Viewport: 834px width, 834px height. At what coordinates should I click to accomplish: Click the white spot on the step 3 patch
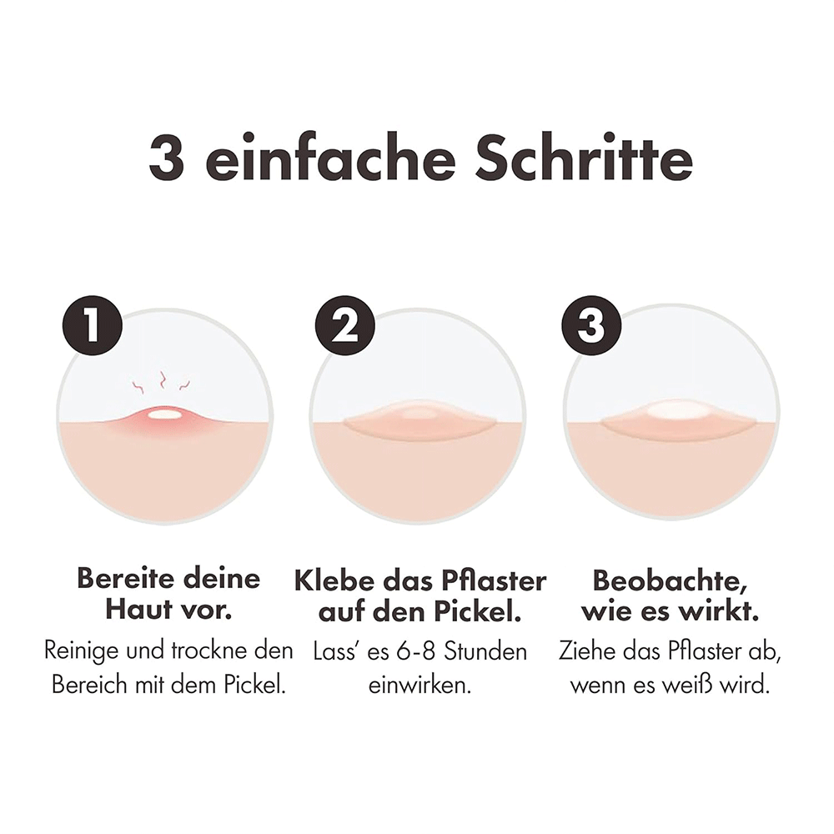tap(672, 409)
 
